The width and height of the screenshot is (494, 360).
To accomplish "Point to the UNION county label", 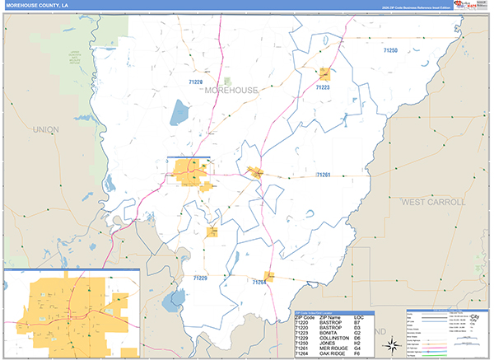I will pyautogui.click(x=46, y=129).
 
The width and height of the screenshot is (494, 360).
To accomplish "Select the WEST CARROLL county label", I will pyautogui.click(x=433, y=201).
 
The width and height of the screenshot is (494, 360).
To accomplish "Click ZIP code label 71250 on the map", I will pyautogui.click(x=390, y=51).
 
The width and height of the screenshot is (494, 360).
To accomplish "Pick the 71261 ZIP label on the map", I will pyautogui.click(x=324, y=175).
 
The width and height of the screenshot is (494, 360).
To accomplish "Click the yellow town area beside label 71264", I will pyautogui.click(x=268, y=275).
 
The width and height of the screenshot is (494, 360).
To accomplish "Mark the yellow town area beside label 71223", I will pyautogui.click(x=325, y=73).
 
